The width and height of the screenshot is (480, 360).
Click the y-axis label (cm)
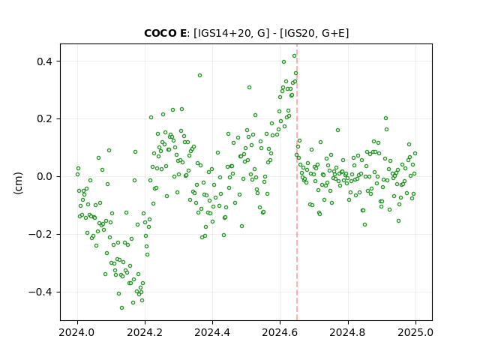point(18,183)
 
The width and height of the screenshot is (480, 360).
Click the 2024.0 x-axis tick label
point(77,332)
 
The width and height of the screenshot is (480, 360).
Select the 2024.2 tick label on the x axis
point(145,332)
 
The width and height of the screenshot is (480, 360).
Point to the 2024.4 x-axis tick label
point(212,332)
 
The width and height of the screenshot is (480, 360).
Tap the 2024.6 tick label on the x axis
point(280,332)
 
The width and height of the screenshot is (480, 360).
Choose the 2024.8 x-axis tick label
point(348,332)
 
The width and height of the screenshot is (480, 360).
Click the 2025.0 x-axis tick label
point(415,332)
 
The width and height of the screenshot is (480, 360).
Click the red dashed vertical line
point(297,182)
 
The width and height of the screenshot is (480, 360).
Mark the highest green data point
point(294,56)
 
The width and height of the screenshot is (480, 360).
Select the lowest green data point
point(121,307)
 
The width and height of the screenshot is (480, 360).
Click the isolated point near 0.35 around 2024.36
point(200,75)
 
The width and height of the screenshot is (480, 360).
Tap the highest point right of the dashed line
point(385,118)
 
